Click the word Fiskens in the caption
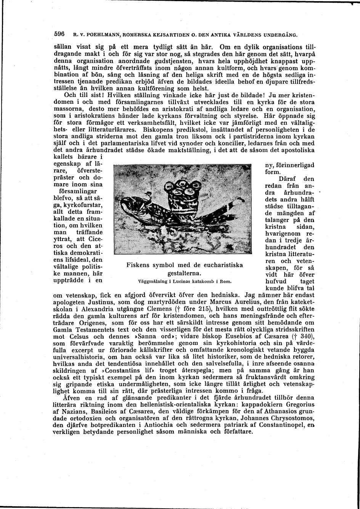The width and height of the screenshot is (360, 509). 139,265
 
